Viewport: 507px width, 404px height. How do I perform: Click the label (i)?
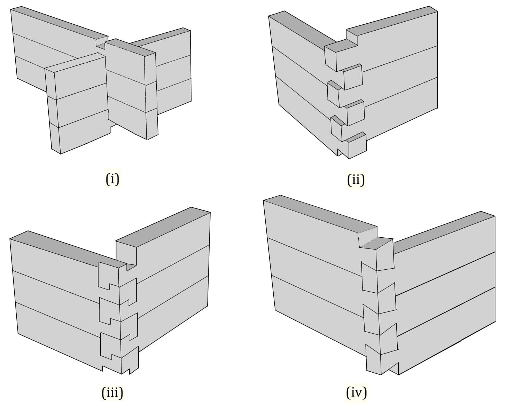click(112, 179)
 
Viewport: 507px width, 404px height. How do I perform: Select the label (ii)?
click(356, 180)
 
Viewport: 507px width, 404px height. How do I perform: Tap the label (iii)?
click(112, 393)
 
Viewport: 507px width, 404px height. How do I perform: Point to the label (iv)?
click(357, 393)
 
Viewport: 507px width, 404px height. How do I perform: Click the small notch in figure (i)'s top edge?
click(101, 43)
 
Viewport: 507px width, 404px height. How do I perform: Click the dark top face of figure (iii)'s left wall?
click(66, 247)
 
